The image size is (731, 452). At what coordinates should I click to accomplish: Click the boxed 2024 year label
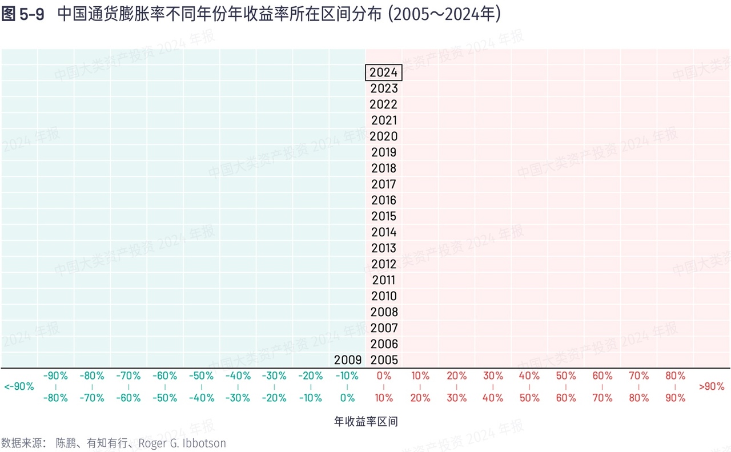point(384,72)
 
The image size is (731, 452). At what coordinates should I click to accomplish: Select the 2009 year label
point(348,360)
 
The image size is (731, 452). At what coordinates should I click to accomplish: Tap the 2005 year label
point(384,360)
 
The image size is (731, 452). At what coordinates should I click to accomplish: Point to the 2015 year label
point(384,216)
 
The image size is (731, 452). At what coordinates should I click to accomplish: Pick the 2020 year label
point(384,136)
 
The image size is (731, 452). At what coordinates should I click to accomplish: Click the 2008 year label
point(384,312)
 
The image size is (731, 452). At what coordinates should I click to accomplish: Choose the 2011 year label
point(384,280)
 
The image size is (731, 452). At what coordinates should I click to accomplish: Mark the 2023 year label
point(384,88)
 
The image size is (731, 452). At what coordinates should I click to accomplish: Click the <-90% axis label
point(19,386)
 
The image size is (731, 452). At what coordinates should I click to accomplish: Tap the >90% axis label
point(712,386)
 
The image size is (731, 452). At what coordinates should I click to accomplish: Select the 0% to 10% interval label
point(384,386)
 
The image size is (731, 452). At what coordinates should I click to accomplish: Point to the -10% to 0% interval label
point(347,386)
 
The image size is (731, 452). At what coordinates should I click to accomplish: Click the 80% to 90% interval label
point(675,386)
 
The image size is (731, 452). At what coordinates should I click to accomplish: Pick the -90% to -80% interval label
point(55,386)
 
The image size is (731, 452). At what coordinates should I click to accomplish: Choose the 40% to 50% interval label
point(529,386)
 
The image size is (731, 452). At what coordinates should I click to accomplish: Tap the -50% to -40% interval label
point(202,386)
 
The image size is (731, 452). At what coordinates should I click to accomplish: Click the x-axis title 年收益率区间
point(365,422)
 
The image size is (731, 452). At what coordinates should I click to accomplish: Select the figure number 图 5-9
point(23,15)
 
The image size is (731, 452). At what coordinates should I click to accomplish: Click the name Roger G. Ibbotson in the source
point(182,443)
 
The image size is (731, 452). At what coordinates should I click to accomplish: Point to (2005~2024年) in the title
point(444,15)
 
